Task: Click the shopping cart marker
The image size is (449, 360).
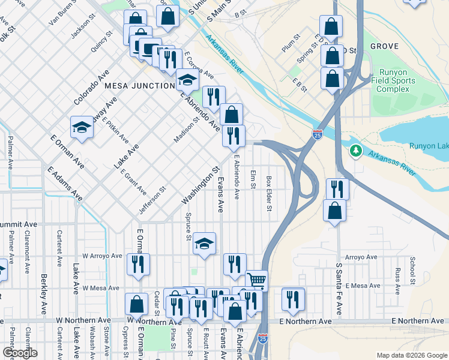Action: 257,280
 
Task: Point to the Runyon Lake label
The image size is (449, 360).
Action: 429,146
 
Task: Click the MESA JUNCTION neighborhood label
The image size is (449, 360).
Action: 139,86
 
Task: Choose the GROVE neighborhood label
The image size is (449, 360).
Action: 384,46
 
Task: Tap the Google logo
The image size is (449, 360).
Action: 20,353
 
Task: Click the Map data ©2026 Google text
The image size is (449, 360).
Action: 411,355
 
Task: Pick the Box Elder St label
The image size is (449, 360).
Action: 270,193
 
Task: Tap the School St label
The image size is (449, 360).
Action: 412,271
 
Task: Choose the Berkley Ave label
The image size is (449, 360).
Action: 44,294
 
